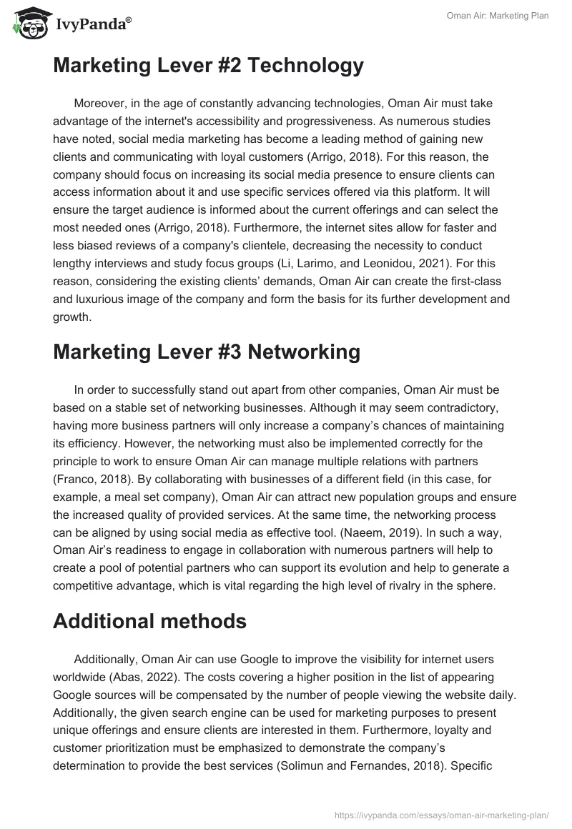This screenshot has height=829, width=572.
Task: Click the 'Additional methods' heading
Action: (149, 621)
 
